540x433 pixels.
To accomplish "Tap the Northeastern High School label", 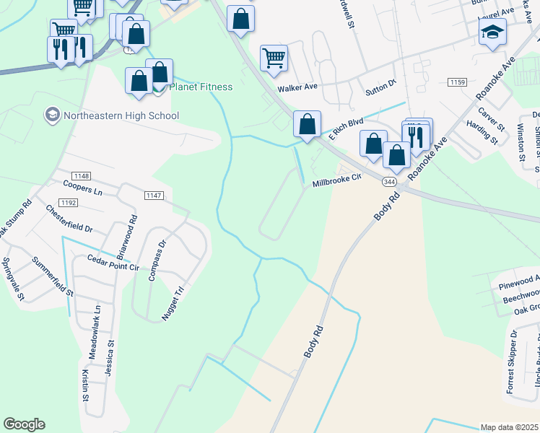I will [121, 115].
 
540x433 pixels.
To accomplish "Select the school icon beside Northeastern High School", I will [51, 115].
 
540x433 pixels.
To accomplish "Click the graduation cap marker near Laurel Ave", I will [492, 32].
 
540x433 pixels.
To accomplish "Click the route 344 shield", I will [389, 182].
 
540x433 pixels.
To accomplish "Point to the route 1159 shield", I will [456, 83].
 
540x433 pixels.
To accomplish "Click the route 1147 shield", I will [154, 195].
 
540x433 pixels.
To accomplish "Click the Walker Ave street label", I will [297, 87].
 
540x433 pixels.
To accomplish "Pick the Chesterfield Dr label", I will [69, 219].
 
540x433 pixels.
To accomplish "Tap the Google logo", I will [24, 424].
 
